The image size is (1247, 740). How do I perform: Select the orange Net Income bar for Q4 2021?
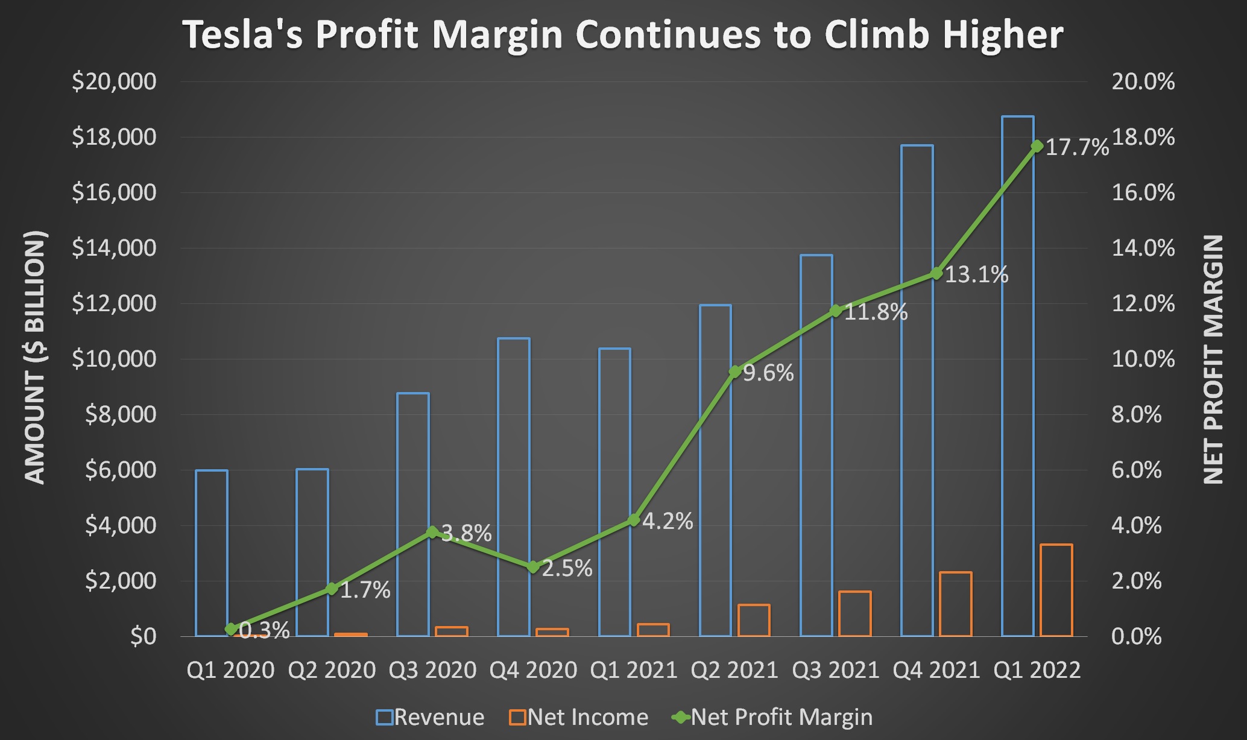[956, 604]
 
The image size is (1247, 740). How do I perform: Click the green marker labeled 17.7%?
[1037, 146]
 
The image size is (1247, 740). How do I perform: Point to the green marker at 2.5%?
[533, 567]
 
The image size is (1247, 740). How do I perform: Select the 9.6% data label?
[768, 373]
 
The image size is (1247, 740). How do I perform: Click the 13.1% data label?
[976, 275]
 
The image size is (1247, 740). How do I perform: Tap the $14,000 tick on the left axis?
[114, 248]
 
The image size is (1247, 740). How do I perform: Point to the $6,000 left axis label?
[120, 470]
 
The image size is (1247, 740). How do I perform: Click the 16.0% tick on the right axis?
[1143, 192]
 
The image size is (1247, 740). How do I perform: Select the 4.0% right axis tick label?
[1136, 525]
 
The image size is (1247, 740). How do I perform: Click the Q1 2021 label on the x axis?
[634, 670]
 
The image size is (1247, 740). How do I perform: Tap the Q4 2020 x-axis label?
[533, 670]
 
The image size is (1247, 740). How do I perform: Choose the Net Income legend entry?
[579, 717]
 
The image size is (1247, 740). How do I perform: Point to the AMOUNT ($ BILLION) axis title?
[35, 357]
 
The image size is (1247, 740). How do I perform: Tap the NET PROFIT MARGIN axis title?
[1213, 359]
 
